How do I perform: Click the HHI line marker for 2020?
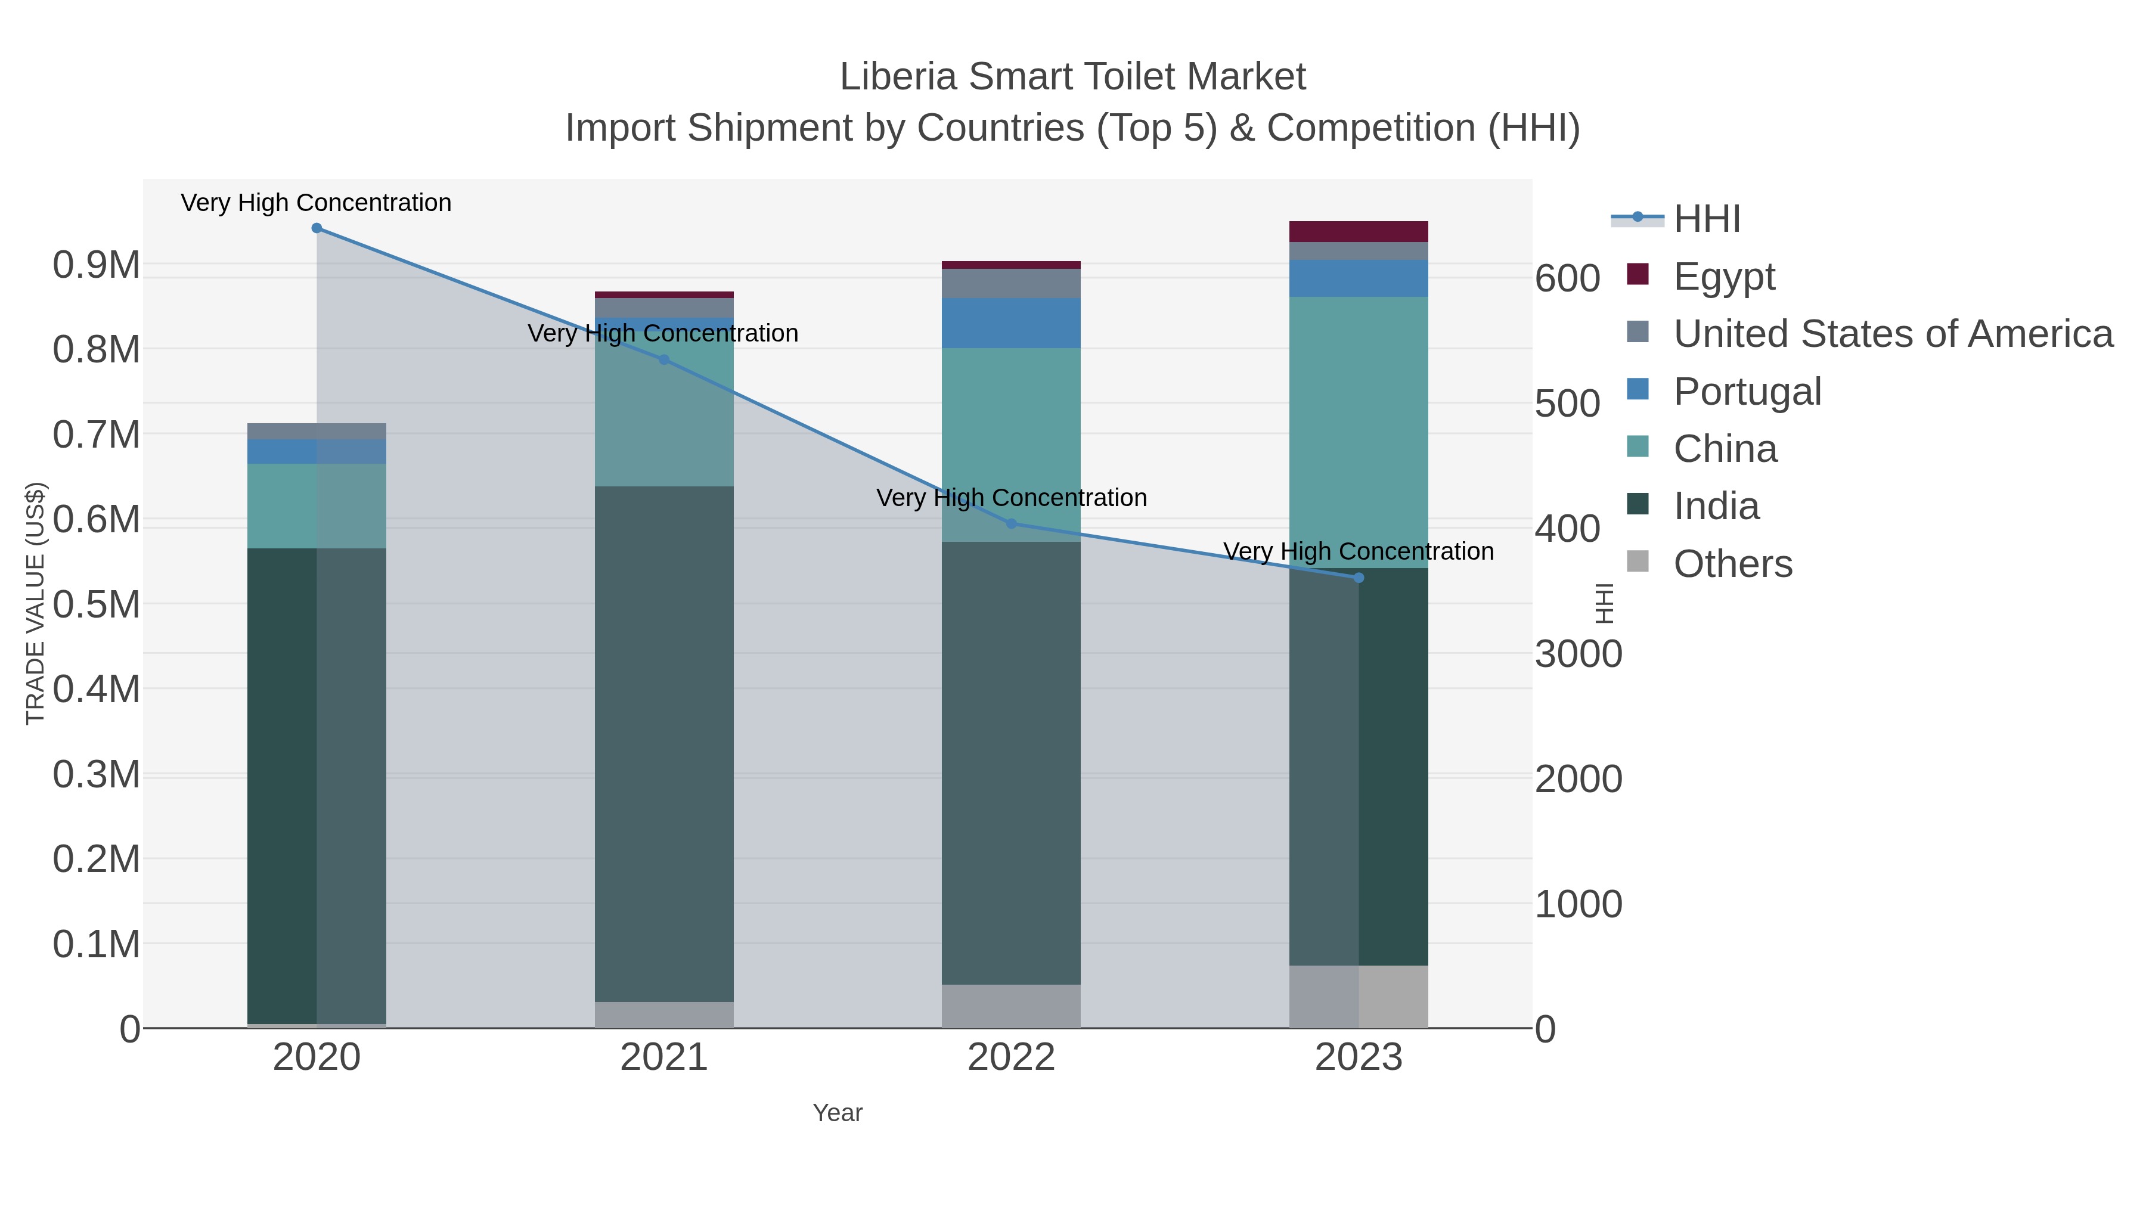(317, 228)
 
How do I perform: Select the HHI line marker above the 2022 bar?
(1012, 524)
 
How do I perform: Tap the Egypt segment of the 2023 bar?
(1358, 232)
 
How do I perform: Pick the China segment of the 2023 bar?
(1358, 432)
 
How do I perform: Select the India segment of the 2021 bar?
(664, 743)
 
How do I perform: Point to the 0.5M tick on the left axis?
(97, 605)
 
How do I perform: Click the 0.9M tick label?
(97, 266)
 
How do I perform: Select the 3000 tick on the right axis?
(1578, 654)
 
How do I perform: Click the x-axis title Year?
(838, 1113)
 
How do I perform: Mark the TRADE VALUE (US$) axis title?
(35, 603)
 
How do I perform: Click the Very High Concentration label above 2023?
(1358, 551)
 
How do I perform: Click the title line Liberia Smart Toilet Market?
(1072, 77)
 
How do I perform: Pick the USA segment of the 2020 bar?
(317, 432)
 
